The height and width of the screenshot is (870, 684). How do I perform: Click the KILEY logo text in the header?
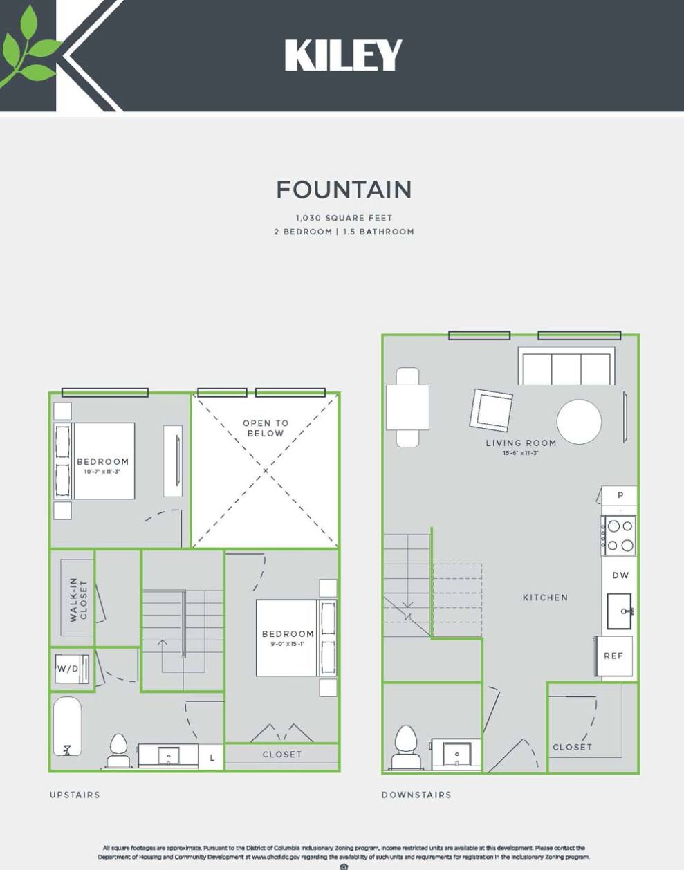pyautogui.click(x=343, y=55)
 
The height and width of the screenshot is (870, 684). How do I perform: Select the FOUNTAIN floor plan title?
pyautogui.click(x=344, y=189)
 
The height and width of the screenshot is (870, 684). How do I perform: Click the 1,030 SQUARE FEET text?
pyautogui.click(x=344, y=218)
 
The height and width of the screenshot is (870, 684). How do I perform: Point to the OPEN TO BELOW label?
pyautogui.click(x=266, y=428)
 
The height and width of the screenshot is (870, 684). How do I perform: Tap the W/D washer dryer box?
pyautogui.click(x=72, y=669)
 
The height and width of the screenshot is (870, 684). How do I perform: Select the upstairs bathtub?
pyautogui.click(x=68, y=726)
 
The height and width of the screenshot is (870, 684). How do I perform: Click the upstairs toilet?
pyautogui.click(x=118, y=751)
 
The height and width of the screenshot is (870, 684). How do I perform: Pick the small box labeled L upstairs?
pyautogui.click(x=212, y=757)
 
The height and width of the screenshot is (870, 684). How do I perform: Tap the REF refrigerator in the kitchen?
pyautogui.click(x=614, y=656)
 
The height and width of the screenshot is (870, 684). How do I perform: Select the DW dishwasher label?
pyautogui.click(x=620, y=575)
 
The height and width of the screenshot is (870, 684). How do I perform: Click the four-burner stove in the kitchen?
pyautogui.click(x=619, y=535)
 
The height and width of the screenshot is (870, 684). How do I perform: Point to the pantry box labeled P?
pyautogui.click(x=620, y=495)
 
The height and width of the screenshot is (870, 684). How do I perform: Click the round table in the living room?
pyautogui.click(x=579, y=421)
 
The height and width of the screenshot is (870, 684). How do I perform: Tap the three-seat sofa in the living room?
pyautogui.click(x=566, y=367)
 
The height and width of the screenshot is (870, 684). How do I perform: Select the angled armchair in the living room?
pyautogui.click(x=492, y=410)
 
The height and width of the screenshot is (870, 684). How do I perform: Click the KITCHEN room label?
pyautogui.click(x=545, y=598)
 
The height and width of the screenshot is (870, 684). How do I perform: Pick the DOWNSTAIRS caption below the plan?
pyautogui.click(x=416, y=795)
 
